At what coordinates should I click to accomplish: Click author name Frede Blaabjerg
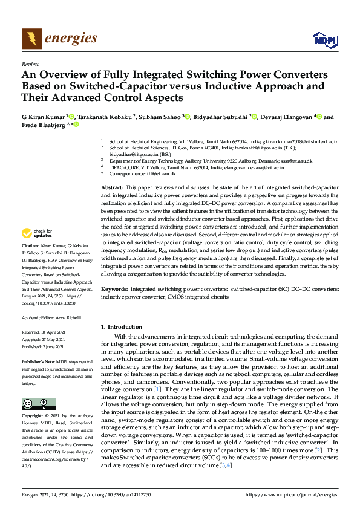pyautogui.click(x=44, y=125)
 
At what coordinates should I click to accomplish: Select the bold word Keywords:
pyautogui.click(x=114, y=290)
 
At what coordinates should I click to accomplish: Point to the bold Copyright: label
pyautogui.click(x=34, y=417)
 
